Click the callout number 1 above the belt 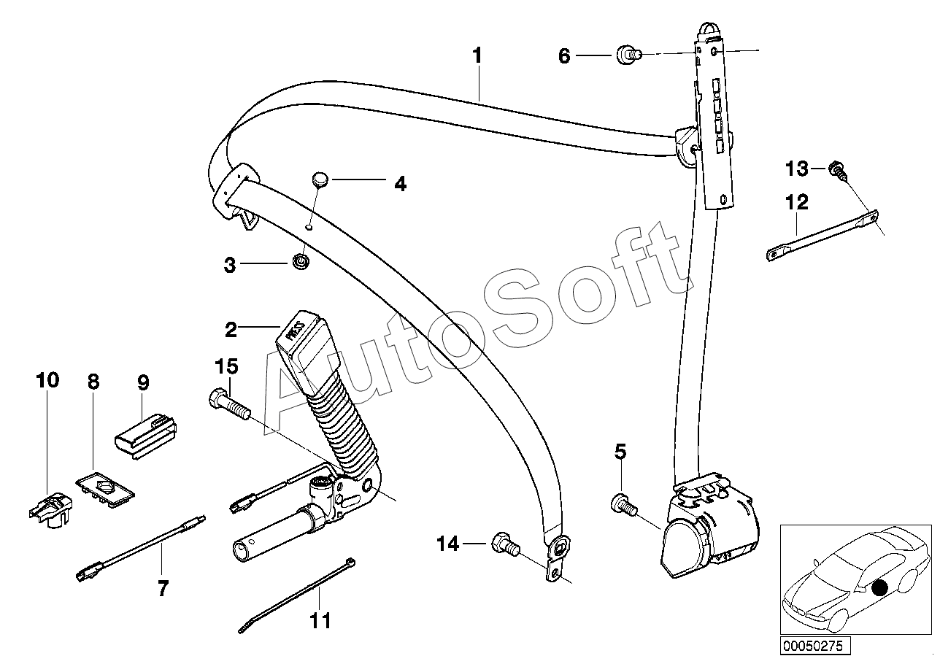click(x=477, y=55)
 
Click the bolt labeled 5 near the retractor click(x=620, y=503)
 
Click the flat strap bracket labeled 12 click(x=821, y=233)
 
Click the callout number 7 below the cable click(x=162, y=588)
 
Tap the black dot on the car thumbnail click(x=881, y=587)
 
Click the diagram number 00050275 click(x=812, y=646)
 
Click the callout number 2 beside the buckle click(x=231, y=330)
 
